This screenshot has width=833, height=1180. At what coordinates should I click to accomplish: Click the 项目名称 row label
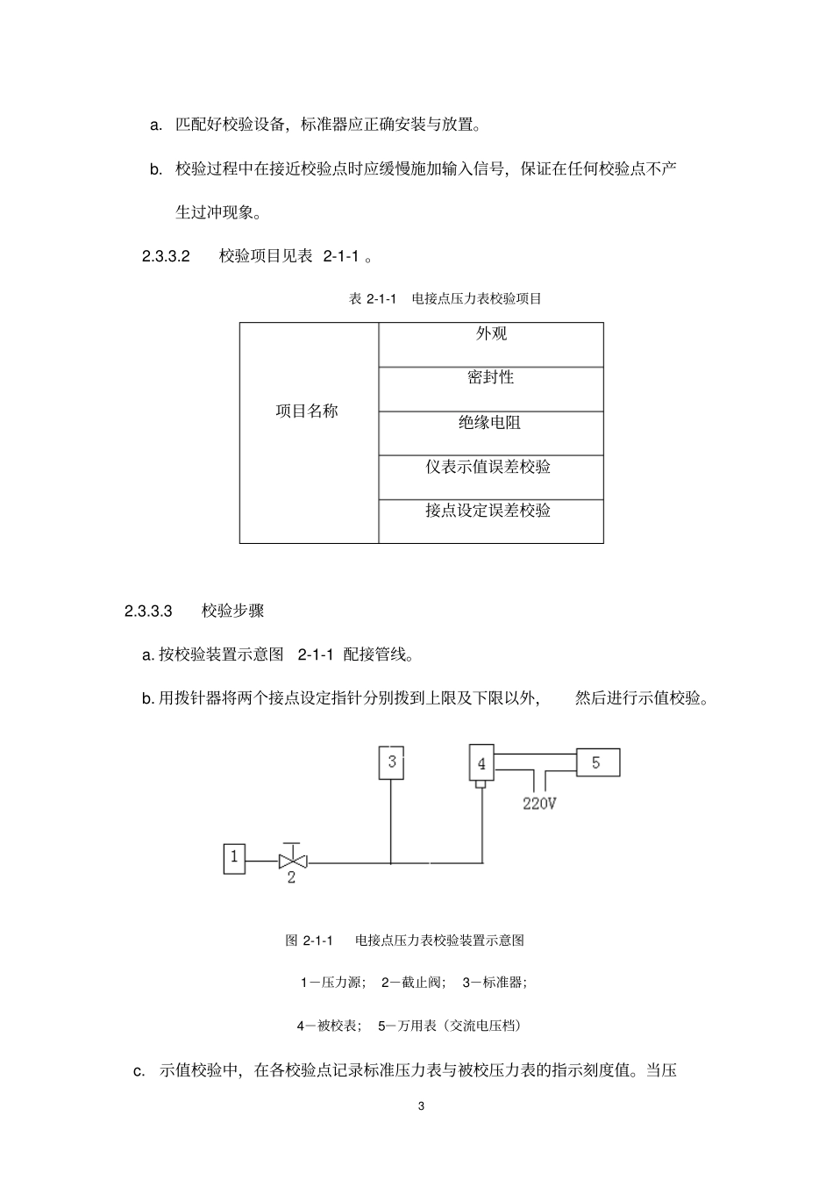coord(307,411)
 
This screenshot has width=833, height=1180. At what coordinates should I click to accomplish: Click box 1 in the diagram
coord(234,858)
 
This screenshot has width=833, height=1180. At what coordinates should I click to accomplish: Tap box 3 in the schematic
coord(392,762)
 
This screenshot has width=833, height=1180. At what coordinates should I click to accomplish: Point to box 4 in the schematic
coord(481,763)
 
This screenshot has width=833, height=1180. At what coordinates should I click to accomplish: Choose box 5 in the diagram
coord(597,762)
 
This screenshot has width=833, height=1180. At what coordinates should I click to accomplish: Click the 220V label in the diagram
coord(539,803)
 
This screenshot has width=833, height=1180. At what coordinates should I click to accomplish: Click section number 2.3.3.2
coord(166,256)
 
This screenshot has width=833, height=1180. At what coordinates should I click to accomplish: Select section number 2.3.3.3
coord(148,611)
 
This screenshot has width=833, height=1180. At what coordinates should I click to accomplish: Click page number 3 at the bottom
coord(421,1105)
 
